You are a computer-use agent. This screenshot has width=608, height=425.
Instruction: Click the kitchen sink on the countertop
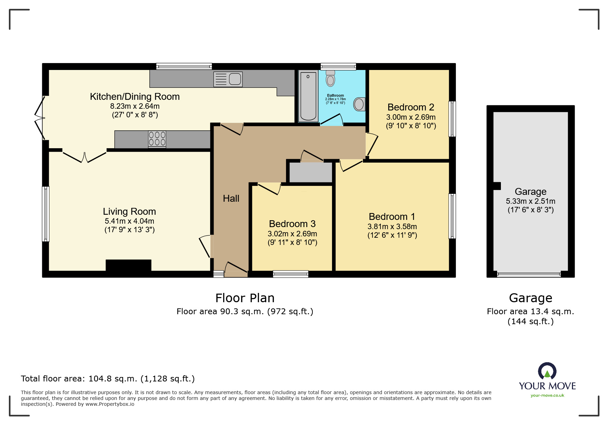[x=228, y=79]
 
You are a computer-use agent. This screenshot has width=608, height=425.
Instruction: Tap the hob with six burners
[x=157, y=139]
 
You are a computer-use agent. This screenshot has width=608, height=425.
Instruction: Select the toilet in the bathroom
[x=330, y=79]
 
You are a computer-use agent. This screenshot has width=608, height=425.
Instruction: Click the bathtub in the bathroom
[x=308, y=96]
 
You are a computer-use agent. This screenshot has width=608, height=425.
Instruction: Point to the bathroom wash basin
[x=359, y=104]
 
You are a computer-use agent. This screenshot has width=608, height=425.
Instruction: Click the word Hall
[x=231, y=199]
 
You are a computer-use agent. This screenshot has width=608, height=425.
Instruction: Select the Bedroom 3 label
[x=292, y=224]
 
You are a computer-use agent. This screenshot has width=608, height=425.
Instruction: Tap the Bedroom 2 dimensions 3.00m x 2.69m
[x=411, y=117]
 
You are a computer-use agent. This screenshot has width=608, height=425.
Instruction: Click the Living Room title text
[x=129, y=212]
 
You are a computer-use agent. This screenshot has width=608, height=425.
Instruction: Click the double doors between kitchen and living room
[x=84, y=156]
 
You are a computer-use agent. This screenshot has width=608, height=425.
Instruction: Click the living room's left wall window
[x=46, y=214]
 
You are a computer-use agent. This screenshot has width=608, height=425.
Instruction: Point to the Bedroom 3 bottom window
[x=290, y=274]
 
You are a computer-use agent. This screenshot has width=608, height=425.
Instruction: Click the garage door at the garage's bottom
[x=529, y=274]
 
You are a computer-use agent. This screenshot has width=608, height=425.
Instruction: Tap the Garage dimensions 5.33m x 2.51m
[x=530, y=201]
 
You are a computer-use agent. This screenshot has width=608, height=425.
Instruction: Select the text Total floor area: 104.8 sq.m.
[x=108, y=379]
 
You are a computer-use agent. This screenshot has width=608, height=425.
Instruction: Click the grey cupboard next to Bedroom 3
[x=311, y=172]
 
